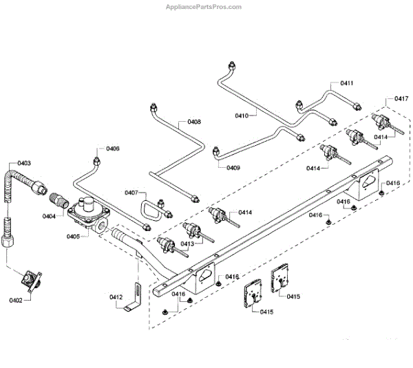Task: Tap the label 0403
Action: point(23,163)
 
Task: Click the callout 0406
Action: point(112,149)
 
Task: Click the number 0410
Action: point(242,116)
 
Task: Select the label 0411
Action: point(347,83)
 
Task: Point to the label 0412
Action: point(116,297)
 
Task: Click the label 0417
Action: point(401,99)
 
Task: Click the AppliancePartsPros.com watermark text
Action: point(204,8)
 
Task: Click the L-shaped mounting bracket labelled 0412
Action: point(135,299)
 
